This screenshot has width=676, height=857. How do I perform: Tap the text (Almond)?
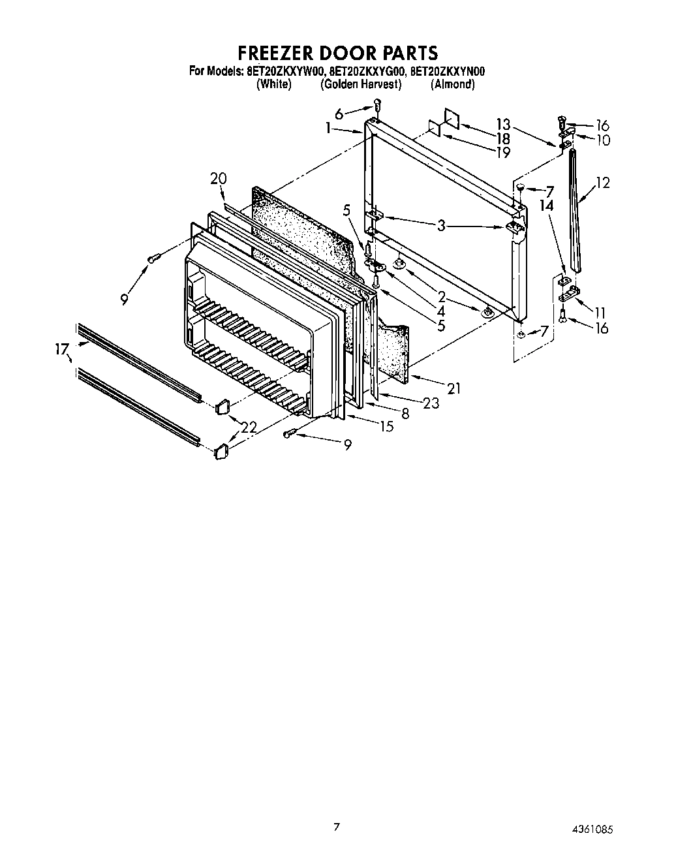(452, 85)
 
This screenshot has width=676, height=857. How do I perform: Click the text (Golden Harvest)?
(360, 85)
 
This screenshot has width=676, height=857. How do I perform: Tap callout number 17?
(61, 351)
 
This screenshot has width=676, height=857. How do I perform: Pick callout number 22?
(249, 428)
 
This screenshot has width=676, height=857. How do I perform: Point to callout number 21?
(453, 388)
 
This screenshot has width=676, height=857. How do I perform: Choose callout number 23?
(431, 403)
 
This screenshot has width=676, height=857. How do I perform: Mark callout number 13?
(502, 124)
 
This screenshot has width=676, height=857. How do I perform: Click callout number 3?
(441, 226)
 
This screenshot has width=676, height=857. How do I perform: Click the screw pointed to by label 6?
(377, 104)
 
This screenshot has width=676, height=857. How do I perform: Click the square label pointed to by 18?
(452, 117)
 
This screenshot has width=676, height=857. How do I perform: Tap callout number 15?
(386, 426)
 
